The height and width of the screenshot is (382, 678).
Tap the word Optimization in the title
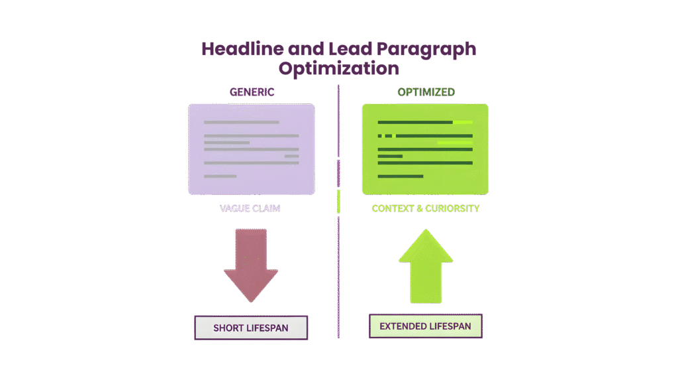338,68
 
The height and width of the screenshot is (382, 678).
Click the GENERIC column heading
252,92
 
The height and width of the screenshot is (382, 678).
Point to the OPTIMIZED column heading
426,92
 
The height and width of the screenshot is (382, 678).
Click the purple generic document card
251,149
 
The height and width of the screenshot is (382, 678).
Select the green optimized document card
425,149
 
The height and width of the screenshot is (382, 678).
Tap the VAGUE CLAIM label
250,208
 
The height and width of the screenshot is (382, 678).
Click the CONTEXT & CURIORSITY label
425,208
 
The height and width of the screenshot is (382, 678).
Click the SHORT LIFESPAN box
250,328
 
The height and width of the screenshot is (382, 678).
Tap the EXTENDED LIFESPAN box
425,326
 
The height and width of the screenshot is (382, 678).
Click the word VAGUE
233,208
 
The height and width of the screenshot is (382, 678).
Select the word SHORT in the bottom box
228,328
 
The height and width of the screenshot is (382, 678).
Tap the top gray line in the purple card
241,122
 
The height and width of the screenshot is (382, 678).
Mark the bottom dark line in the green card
400,176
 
